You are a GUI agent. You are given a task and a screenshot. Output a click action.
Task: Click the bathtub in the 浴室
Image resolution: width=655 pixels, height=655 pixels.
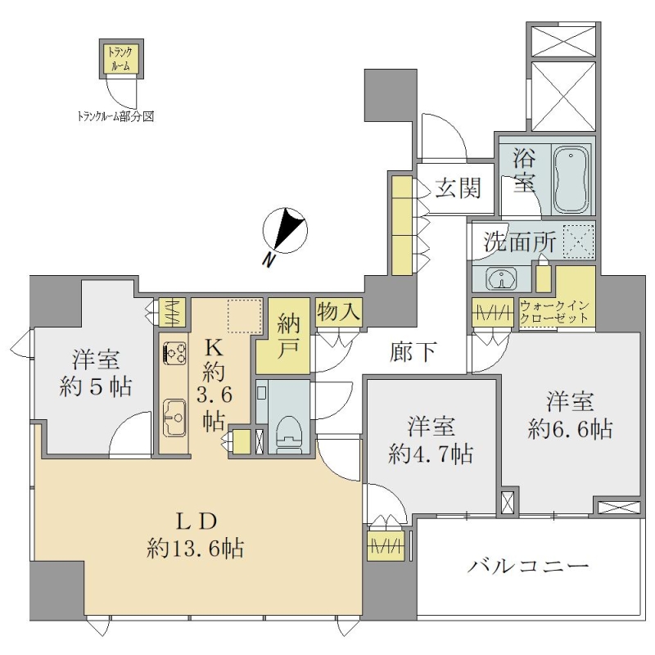click(571, 179)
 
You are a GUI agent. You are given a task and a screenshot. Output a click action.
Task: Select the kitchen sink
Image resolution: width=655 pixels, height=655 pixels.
click(175, 418)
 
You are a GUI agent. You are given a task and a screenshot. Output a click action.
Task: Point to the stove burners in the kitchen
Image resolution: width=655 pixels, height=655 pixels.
click(174, 352)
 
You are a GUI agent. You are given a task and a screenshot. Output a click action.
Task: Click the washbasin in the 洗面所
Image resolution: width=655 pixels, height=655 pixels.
click(501, 278)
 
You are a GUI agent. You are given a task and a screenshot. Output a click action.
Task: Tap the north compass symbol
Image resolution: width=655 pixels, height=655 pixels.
click(285, 231)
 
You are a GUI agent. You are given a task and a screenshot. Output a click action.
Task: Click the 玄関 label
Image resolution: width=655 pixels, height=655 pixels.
click(458, 188)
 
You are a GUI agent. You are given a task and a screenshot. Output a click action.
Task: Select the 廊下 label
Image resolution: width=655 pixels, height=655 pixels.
click(413, 352)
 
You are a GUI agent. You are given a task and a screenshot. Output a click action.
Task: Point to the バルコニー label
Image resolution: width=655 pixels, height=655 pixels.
click(528, 567)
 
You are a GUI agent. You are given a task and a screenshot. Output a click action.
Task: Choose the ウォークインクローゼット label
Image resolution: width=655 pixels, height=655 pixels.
click(554, 312)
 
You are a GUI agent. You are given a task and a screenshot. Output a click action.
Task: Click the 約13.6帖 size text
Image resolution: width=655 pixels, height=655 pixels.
click(196, 548)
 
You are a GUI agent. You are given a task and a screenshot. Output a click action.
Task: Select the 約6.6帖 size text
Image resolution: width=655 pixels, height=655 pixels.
click(570, 428)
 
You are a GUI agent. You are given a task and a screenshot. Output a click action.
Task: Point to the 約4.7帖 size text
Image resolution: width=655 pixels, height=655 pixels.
click(431, 454)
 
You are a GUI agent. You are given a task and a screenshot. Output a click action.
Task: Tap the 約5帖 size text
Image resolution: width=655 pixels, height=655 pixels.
click(96, 386)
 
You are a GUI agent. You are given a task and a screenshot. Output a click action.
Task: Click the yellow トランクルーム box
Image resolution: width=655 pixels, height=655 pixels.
click(121, 58)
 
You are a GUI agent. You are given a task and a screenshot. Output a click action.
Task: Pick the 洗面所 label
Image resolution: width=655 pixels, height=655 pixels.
click(520, 242)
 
